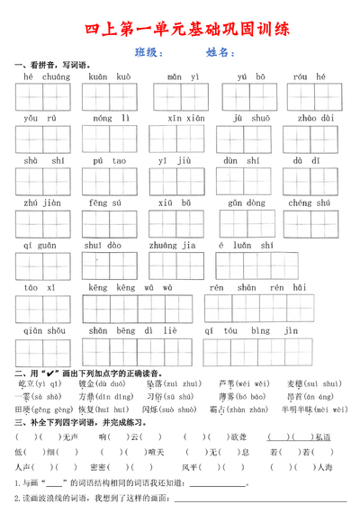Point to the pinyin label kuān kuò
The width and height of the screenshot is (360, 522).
(110, 77)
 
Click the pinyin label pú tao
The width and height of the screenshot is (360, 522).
(107, 161)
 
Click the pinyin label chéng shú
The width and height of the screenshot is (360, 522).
(311, 203)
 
